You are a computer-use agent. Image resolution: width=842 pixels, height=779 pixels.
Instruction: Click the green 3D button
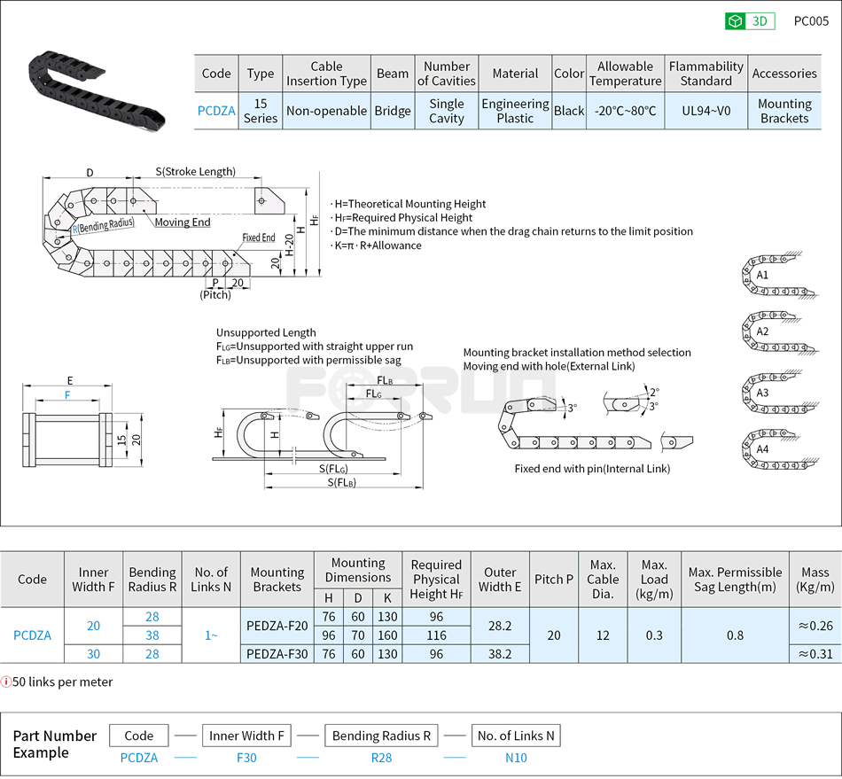point(750,21)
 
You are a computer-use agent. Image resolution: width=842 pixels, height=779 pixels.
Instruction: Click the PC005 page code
point(810,21)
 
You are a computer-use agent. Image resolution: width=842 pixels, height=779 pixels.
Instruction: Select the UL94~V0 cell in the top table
point(706,111)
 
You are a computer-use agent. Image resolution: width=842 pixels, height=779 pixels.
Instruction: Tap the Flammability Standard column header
point(706,74)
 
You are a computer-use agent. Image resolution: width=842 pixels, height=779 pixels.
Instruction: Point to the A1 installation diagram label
point(762,276)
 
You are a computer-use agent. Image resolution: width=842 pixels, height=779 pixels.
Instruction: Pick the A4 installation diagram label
point(762,449)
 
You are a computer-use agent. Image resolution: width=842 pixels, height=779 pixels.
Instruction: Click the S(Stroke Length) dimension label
point(195,171)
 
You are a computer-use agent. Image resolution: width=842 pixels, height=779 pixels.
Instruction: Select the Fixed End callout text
point(259,238)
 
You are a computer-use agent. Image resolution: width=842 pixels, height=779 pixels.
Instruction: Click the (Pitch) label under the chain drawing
point(214,295)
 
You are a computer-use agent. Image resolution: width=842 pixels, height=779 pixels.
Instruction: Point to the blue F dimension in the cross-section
point(67,395)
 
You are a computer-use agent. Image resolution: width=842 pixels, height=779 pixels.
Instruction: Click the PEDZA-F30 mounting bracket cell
point(277,654)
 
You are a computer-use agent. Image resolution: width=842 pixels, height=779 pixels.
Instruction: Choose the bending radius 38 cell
point(152,635)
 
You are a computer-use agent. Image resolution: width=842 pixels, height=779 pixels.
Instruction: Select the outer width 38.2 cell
point(500,654)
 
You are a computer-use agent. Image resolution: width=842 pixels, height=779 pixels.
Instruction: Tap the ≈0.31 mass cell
point(815,654)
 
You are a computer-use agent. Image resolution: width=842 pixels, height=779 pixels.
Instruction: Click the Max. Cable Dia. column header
point(603,580)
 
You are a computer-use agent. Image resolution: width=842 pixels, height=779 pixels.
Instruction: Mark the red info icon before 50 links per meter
point(6,682)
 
